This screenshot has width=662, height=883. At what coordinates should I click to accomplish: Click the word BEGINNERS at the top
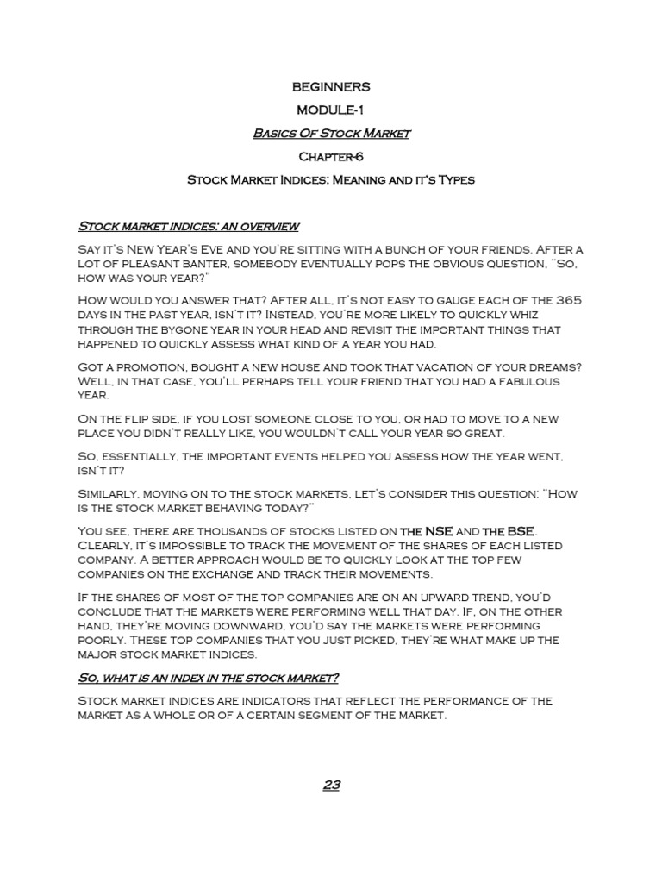[331, 87]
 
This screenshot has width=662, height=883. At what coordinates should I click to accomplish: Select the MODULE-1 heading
[331, 110]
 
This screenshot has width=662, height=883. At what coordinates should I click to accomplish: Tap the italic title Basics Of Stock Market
[331, 134]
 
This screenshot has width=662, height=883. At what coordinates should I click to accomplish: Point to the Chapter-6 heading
[331, 157]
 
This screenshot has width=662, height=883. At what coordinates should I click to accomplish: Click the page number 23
[331, 786]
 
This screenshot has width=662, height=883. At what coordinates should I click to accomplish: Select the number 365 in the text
[567, 300]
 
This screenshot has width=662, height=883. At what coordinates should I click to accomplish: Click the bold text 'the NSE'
[426, 531]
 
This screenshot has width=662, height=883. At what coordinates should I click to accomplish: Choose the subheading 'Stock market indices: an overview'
[188, 227]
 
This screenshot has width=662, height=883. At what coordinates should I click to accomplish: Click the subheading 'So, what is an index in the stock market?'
[208, 678]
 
